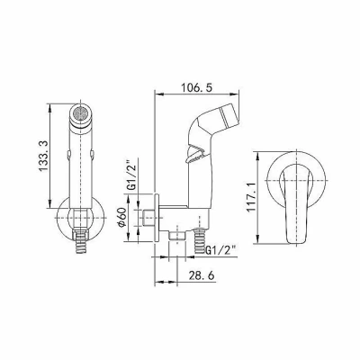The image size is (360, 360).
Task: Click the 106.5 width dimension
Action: (x=196, y=88)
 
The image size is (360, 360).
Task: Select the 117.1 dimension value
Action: (x=251, y=197)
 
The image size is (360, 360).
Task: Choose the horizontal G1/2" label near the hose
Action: (x=220, y=248)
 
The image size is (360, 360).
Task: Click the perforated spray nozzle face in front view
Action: (x=81, y=114)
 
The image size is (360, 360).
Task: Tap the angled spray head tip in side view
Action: (x=229, y=114)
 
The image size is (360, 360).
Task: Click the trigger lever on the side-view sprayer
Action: (x=196, y=156)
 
